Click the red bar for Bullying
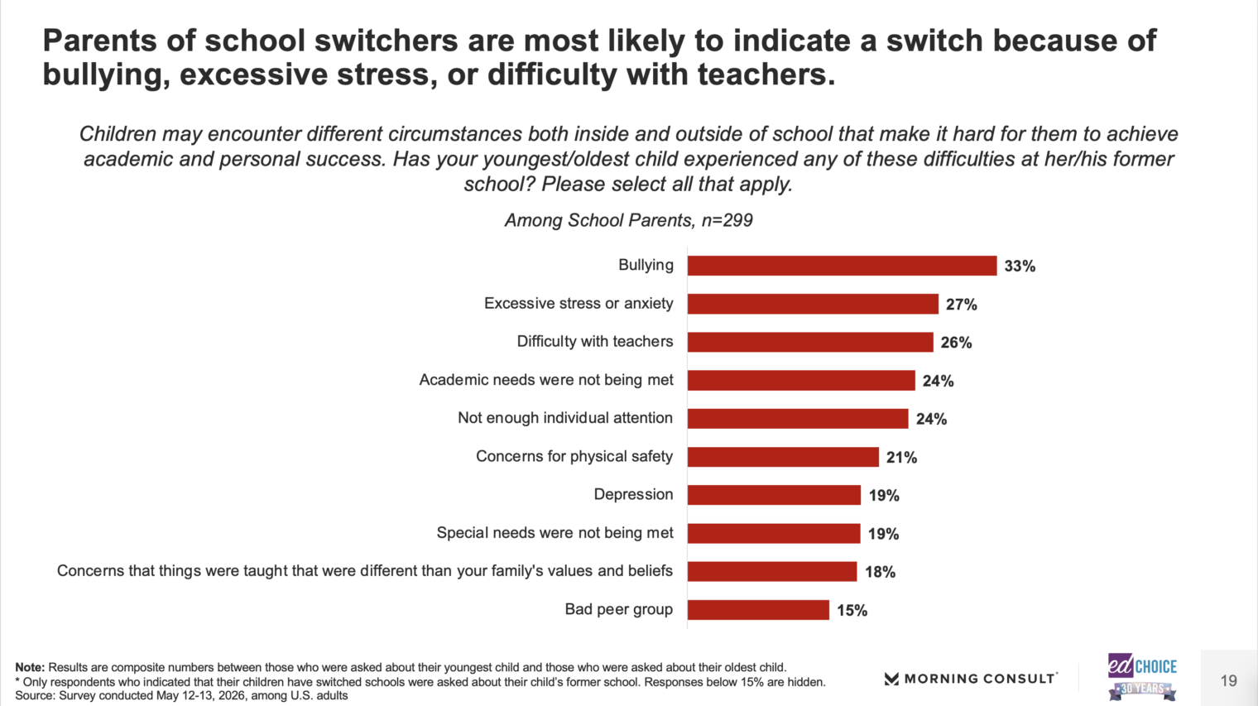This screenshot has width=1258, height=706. tap(842, 266)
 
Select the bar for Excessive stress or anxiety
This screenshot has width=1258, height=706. tap(813, 304)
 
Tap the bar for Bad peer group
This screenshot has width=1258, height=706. tap(758, 610)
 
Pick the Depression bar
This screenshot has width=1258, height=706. tap(774, 495)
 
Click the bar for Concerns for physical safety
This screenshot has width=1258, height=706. tap(783, 457)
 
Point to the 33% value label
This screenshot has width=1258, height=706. tap(1020, 267)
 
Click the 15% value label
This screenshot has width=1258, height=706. tap(852, 611)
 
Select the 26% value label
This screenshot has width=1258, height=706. tap(956, 343)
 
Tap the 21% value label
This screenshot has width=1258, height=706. tap(901, 458)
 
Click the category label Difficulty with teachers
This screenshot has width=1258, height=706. tap(595, 342)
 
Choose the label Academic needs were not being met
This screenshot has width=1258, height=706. tap(546, 380)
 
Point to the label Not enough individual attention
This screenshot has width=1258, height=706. tap(565, 418)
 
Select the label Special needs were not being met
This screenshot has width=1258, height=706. tap(555, 533)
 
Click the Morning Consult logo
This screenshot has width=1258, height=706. tap(971, 679)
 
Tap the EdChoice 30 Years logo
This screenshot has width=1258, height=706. tap(1142, 676)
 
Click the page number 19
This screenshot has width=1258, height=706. tap(1229, 680)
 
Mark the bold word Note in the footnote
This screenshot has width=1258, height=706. tap(30, 667)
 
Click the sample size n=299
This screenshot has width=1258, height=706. tap(727, 220)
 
